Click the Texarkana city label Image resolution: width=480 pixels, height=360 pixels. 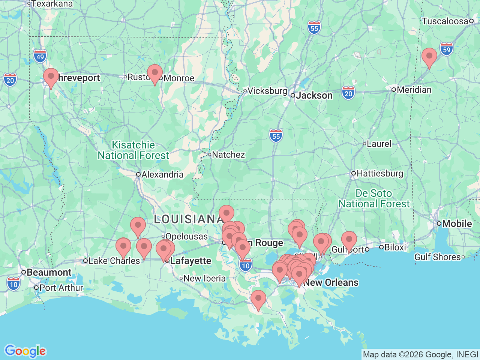pos(52,4)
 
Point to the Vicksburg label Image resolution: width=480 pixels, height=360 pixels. pos(267,91)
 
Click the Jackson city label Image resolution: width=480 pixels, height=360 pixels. pos(314,96)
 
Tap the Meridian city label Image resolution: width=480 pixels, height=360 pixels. pos(414,90)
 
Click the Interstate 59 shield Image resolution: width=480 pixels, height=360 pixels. pos(446,49)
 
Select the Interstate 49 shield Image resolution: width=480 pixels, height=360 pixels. pos(40,57)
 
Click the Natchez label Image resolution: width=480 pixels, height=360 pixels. pos(228,154)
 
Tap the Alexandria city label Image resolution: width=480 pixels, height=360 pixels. pos(162,174)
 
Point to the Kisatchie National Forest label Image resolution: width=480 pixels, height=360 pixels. pos(133,150)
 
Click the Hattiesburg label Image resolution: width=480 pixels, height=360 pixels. pos(379,173)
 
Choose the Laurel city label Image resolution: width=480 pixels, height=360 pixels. pos(379,144)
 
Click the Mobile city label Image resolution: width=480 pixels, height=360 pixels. pos(457,223)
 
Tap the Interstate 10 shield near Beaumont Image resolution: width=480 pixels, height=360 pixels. pos(13,284)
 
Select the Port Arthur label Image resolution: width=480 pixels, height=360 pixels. pos(61,288)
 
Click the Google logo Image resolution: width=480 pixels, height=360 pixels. pos(25,351)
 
